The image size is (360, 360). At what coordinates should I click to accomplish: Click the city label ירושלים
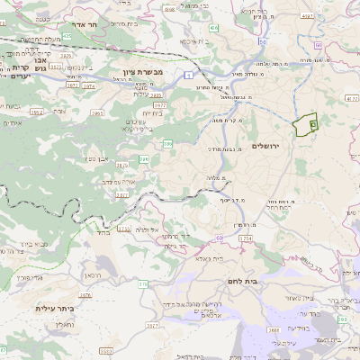coord(269,146)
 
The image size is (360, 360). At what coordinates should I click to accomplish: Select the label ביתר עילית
coord(53,309)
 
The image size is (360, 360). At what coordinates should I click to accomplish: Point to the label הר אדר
coord(90,26)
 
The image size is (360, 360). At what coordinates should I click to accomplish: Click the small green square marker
coord(312,123)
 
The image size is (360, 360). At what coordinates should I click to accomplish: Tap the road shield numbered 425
coord(66,37)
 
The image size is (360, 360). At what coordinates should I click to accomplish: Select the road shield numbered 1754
coord(244,238)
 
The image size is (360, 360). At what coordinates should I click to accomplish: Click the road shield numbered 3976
coord(85,294)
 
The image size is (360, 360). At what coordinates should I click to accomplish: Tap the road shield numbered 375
coord(142,284)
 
